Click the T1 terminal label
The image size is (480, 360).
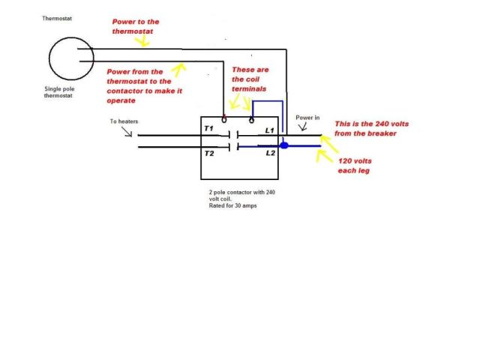[209, 129]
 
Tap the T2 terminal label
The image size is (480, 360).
[209, 152]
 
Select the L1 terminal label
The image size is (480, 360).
[271, 130]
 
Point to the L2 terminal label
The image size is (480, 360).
[271, 152]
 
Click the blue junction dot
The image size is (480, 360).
[283, 145]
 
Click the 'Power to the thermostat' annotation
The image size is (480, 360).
[145, 27]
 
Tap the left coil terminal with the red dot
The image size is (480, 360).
[224, 118]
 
